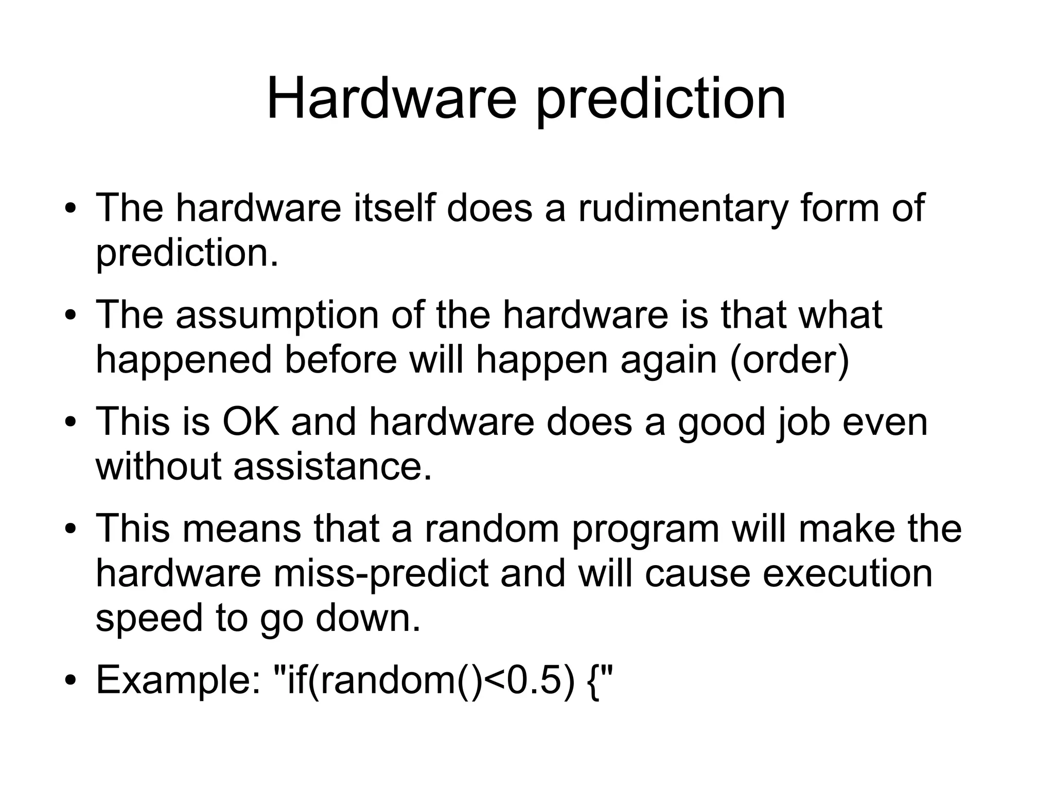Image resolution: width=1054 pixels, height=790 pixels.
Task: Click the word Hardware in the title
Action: (x=391, y=98)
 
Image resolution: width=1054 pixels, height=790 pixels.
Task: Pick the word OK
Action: (x=251, y=422)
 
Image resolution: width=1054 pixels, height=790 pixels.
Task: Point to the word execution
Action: (x=847, y=574)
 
